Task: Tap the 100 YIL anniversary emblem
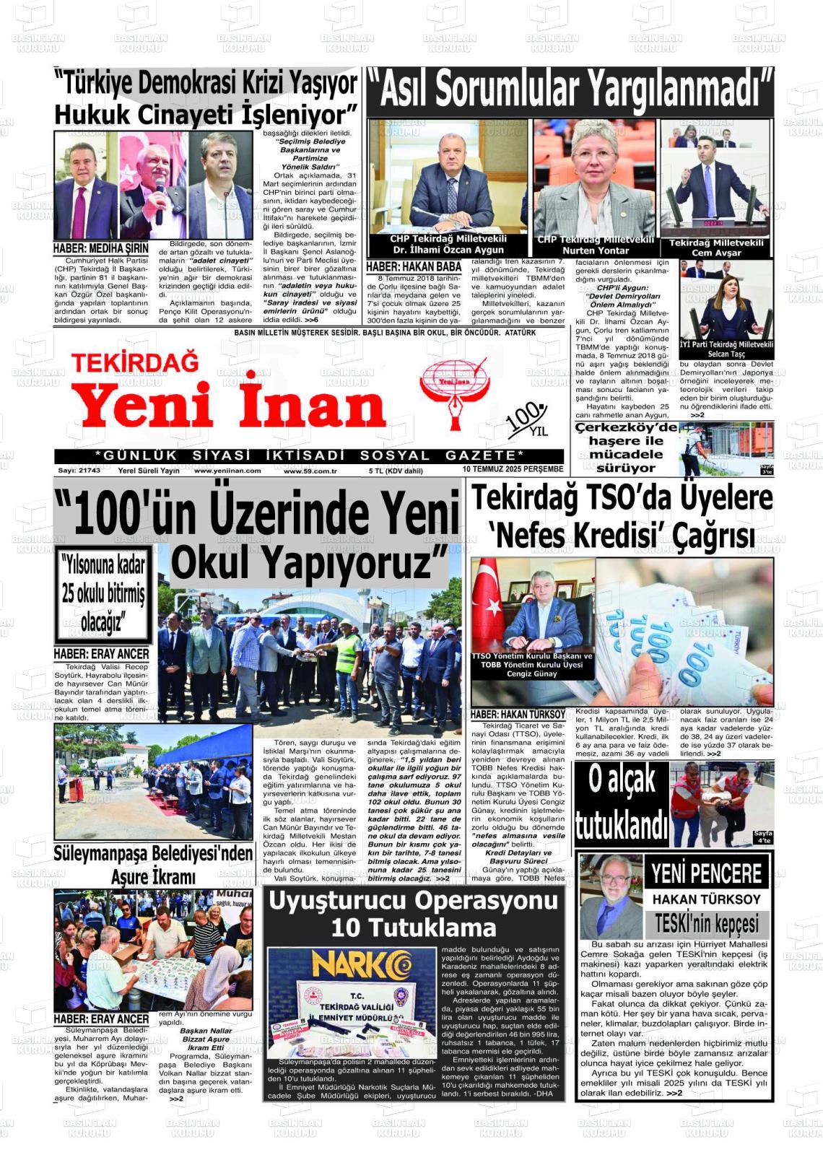click(528, 420)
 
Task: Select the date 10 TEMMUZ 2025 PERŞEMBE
click(513, 469)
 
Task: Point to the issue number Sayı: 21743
click(79, 470)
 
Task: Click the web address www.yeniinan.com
click(227, 470)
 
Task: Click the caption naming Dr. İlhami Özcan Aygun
click(448, 244)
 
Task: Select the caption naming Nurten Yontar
click(595, 245)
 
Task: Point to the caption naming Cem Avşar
click(716, 248)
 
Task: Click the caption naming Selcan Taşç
click(726, 350)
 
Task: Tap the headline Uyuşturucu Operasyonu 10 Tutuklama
click(414, 914)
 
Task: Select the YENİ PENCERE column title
click(706, 873)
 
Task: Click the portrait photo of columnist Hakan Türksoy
click(610, 895)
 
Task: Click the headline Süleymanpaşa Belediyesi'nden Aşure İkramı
click(153, 865)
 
